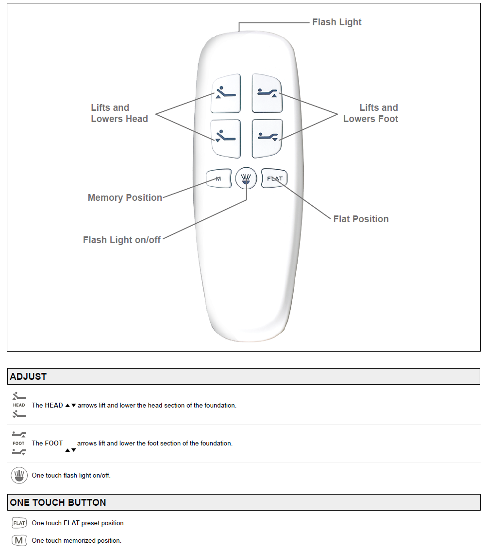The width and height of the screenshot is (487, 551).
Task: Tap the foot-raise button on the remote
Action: [x=268, y=93]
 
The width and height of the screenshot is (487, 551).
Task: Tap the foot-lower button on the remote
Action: [x=268, y=138]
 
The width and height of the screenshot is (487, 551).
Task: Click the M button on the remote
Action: [x=218, y=178]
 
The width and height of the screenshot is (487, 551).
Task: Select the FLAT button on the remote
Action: [x=274, y=178]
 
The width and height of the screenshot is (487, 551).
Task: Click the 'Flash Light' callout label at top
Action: [x=336, y=22]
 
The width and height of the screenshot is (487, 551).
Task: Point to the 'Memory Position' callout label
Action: [x=125, y=197]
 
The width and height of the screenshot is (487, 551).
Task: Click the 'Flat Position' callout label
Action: [x=361, y=219]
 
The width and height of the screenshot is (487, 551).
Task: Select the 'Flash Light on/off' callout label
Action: [x=122, y=240]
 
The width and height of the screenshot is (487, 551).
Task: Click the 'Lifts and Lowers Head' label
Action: [x=119, y=113]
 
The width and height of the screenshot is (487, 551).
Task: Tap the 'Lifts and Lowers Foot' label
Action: [x=370, y=113]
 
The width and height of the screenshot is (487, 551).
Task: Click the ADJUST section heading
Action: [x=28, y=376]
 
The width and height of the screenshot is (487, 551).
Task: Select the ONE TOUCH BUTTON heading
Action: [x=58, y=502]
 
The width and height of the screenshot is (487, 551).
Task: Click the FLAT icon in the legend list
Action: [x=19, y=523]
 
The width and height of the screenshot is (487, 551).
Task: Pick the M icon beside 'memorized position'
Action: [x=19, y=540]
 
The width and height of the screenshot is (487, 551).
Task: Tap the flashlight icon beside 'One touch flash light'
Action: [x=19, y=475]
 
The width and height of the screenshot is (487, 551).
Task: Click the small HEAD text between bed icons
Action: [x=19, y=405]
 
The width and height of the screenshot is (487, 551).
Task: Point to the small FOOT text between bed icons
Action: [x=19, y=443]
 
